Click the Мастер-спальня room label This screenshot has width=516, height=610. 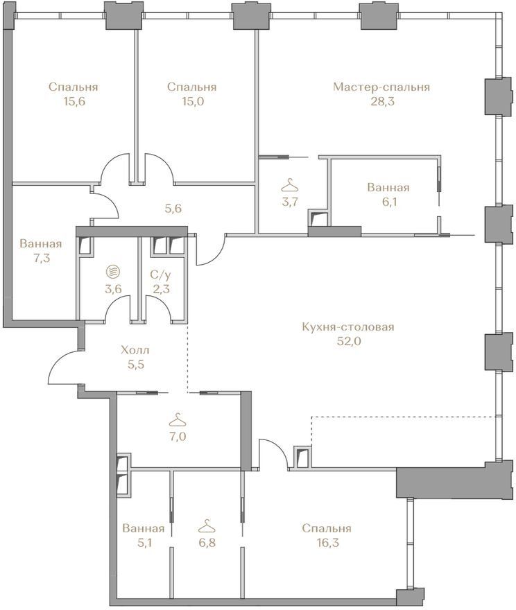[381, 87]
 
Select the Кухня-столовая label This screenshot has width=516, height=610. [348, 326]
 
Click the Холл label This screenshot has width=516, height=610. [135, 350]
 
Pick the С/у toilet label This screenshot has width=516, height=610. [161, 275]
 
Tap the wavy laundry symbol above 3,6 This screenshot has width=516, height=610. [113, 271]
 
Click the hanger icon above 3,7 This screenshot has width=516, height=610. [289, 185]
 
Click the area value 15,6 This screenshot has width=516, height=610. [74, 101]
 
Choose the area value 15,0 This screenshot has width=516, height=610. [192, 101]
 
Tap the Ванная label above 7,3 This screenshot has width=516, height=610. [41, 244]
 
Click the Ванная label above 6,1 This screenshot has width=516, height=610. [388, 188]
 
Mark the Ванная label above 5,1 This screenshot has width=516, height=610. [143, 528]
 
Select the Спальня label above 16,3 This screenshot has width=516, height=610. [327, 528]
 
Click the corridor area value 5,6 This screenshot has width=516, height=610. [173, 209]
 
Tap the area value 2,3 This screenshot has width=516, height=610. [161, 290]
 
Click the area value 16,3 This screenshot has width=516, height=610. [327, 543]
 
